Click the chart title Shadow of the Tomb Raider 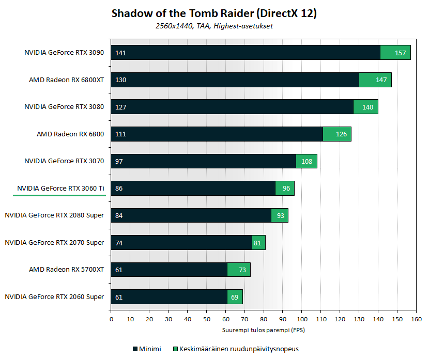[x=214, y=14]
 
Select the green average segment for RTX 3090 [x=395, y=53]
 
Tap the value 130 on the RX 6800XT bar [x=121, y=80]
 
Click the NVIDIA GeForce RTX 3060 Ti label [x=60, y=188]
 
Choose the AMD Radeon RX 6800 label [x=70, y=134]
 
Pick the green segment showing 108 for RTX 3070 [x=307, y=161]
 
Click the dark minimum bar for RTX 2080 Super [x=191, y=215]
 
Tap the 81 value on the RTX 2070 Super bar [x=258, y=242]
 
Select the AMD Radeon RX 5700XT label [x=67, y=270]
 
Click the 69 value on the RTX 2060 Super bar [x=235, y=296]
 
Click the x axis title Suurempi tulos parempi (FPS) [x=264, y=329]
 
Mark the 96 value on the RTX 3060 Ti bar [x=286, y=189]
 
